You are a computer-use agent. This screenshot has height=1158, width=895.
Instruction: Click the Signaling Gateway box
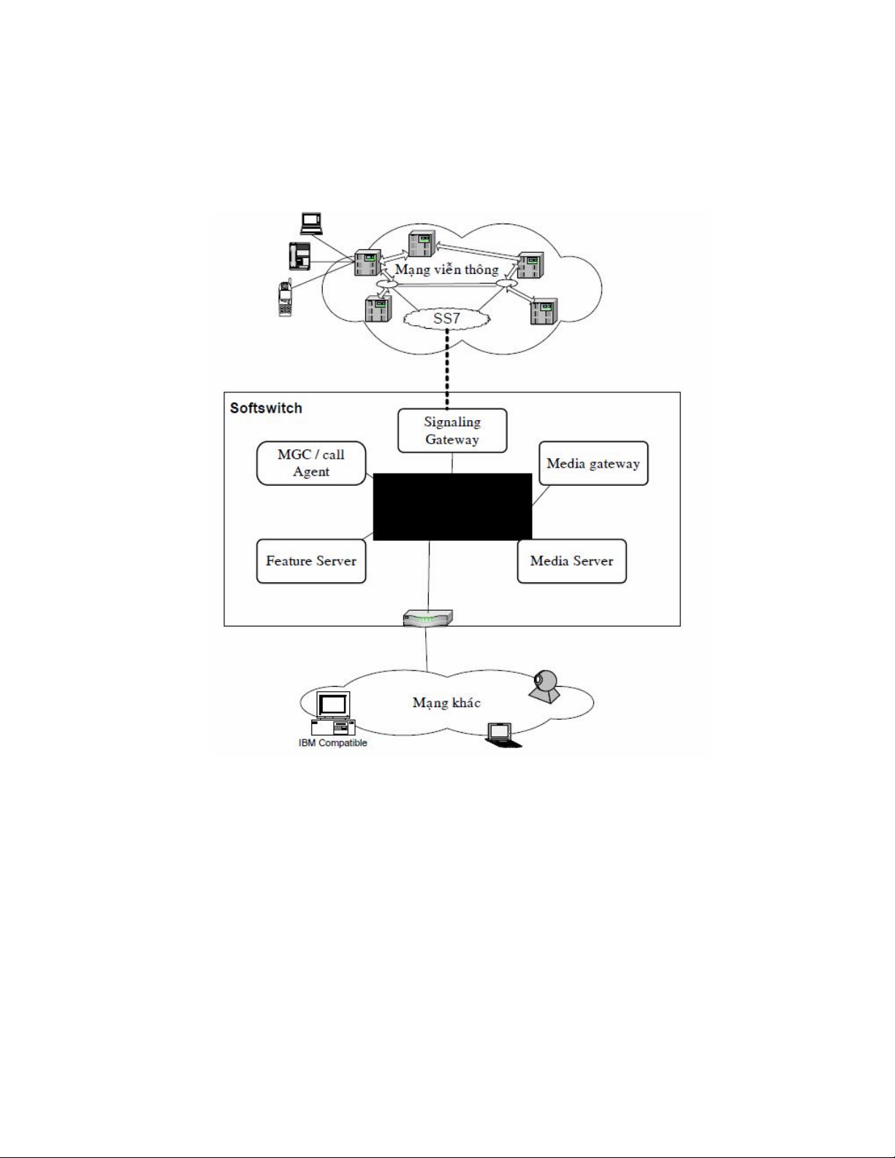point(452,430)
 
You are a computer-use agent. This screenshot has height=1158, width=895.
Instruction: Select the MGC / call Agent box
point(311,463)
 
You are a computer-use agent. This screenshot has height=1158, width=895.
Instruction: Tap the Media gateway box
point(593,463)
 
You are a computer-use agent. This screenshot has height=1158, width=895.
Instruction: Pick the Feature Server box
point(311,561)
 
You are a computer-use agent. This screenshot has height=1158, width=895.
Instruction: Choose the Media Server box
point(571,561)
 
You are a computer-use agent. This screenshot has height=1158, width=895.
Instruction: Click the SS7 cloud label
point(446,319)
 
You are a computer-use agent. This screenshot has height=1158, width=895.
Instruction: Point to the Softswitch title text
point(266,408)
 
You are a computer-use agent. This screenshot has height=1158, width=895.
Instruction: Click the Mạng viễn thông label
point(446,270)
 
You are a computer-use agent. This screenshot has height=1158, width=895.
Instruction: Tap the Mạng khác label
point(446,703)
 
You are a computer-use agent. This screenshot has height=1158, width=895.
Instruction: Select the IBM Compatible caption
point(332,743)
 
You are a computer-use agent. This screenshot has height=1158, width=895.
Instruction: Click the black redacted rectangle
point(452,506)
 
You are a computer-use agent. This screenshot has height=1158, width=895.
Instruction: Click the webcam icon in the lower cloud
point(544,686)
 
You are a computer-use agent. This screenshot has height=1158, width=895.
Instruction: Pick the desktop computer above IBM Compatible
point(332,713)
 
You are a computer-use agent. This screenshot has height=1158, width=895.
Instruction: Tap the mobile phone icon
point(285,299)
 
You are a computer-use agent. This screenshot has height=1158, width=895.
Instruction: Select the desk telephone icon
point(300,256)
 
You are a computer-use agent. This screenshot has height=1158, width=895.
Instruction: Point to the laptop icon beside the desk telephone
point(311,223)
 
